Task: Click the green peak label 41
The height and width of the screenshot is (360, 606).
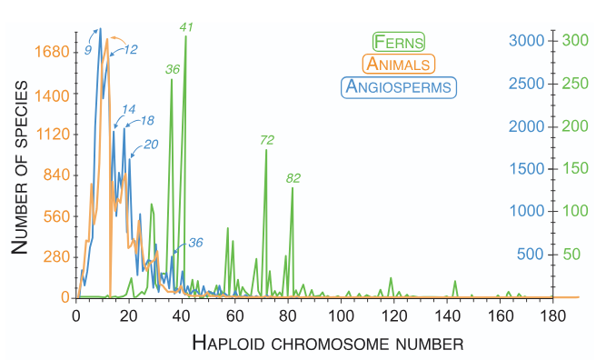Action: (187, 28)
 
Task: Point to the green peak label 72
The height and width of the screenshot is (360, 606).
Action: (267, 140)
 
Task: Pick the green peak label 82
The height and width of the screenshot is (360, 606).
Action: (293, 177)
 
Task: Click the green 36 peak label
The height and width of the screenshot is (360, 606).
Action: (173, 69)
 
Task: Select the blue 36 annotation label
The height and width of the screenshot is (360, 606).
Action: (195, 242)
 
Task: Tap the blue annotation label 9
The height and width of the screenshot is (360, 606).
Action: (87, 50)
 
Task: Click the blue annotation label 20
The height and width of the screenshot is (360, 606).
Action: (151, 144)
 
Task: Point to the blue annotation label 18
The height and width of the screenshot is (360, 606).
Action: (146, 120)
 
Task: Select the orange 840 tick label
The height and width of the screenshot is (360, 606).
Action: (55, 175)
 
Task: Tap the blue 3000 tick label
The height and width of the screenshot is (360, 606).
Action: (527, 41)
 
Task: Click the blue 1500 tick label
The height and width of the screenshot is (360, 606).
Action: (527, 169)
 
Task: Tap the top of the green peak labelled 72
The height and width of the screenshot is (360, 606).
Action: (266, 150)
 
